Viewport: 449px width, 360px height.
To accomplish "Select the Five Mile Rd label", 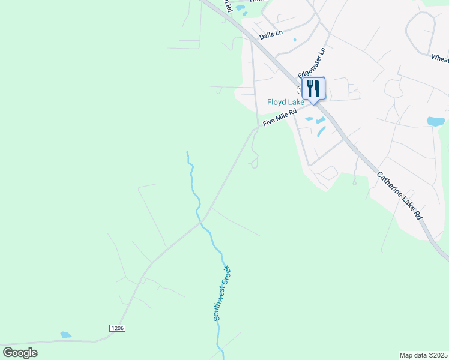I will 280,116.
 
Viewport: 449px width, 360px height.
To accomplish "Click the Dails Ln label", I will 271,35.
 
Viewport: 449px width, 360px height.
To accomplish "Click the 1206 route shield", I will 117,328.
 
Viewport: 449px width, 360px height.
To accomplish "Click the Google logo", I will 20,353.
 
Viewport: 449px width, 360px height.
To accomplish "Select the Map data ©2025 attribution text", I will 423,355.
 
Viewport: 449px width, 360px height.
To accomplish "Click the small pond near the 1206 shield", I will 66,335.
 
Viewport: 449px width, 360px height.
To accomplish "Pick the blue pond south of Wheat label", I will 436,121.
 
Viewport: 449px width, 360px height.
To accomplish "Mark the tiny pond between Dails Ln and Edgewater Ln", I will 295,40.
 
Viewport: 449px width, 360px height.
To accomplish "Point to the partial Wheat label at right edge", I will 440,58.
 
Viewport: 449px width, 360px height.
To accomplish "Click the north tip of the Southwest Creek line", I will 187,152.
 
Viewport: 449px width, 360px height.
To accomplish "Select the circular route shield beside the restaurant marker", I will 300,89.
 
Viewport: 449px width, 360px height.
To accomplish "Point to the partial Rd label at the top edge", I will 227,4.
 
